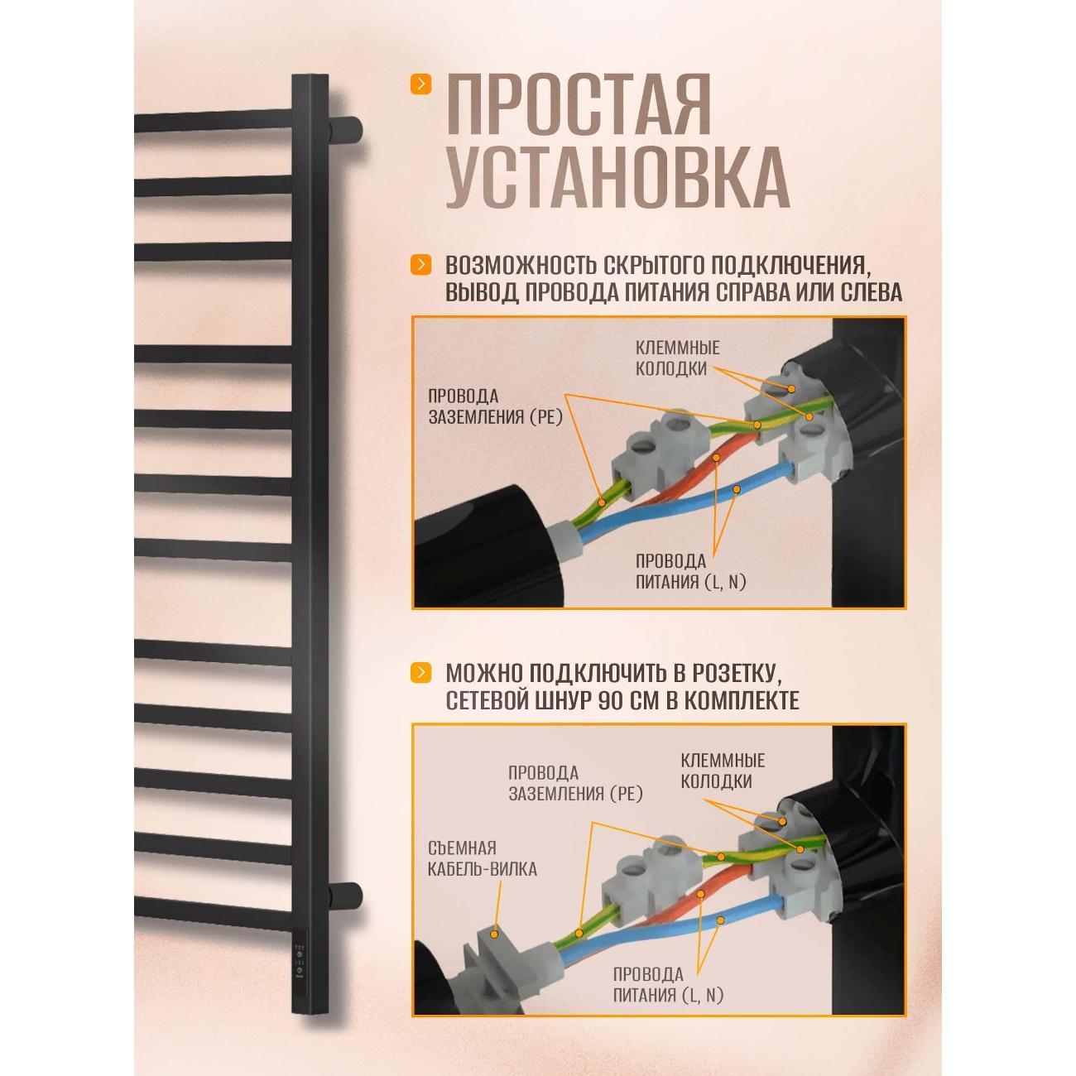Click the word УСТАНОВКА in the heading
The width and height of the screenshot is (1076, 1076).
pyautogui.click(x=617, y=178)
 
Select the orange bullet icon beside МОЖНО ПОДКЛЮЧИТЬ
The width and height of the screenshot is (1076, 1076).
pyautogui.click(x=421, y=672)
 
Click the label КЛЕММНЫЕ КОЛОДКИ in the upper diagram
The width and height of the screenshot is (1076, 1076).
pyautogui.click(x=677, y=358)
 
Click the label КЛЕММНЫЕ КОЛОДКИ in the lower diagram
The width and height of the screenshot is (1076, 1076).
pyautogui.click(x=722, y=770)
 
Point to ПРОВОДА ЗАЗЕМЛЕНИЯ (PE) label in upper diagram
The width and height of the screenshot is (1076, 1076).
pyautogui.click(x=495, y=406)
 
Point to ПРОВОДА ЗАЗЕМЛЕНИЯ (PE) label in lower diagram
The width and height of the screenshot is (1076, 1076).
pyautogui.click(x=575, y=783)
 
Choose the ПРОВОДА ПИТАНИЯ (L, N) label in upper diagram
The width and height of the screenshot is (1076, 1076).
pyautogui.click(x=690, y=571)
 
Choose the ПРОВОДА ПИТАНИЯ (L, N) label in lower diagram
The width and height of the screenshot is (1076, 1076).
pyautogui.click(x=668, y=984)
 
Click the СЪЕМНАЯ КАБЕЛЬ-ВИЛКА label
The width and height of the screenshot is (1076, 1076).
pyautogui.click(x=483, y=858)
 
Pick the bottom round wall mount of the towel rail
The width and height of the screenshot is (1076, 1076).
pyautogui.click(x=346, y=896)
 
